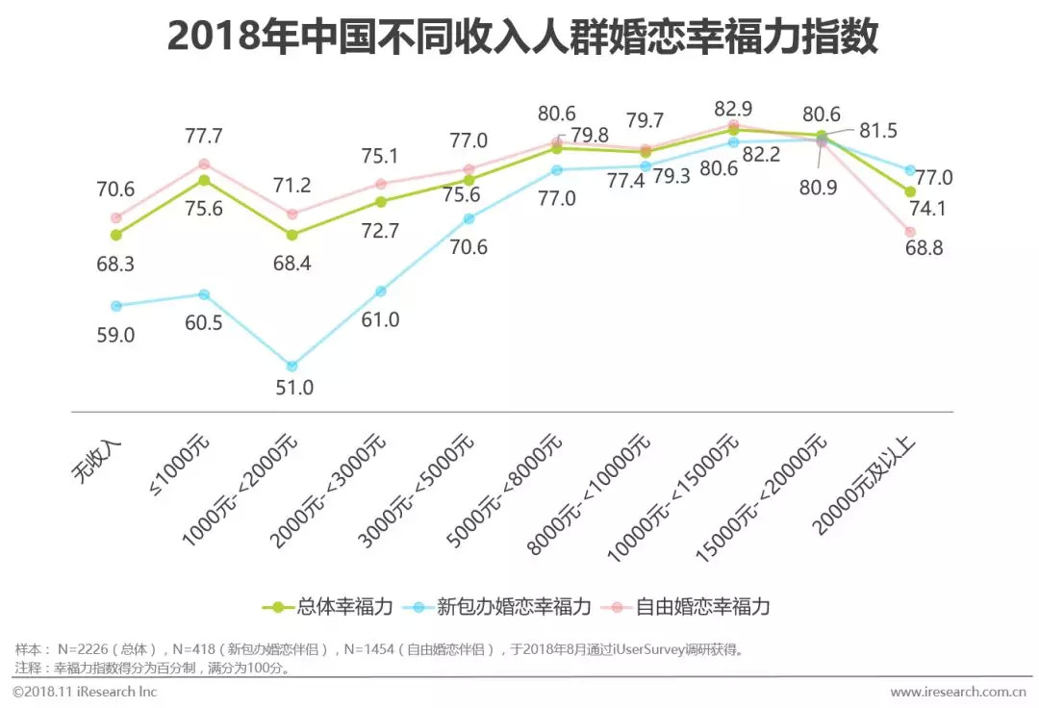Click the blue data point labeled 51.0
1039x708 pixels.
292,366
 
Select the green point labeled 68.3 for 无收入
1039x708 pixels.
116,235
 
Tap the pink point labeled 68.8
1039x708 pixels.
910,232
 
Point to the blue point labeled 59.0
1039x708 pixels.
116,306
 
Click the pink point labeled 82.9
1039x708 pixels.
733,124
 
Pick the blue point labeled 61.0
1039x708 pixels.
381,291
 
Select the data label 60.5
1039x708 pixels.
203,323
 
